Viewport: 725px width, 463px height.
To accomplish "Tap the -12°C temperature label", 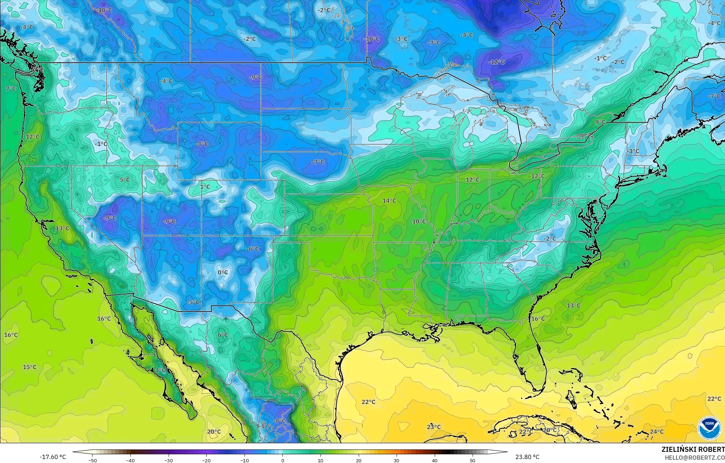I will (496, 62).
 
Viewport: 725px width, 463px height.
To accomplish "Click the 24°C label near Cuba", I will (657, 432).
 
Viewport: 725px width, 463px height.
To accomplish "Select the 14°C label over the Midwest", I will (389, 201).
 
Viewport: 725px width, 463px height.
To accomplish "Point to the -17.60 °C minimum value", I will (53, 457).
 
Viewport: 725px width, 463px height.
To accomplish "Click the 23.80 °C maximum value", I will (527, 457).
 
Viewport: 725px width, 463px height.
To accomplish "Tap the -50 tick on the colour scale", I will (93, 460).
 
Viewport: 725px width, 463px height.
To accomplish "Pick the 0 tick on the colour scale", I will (283, 460).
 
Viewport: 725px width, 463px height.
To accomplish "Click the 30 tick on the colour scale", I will (397, 460).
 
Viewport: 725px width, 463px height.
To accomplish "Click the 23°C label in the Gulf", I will (434, 427).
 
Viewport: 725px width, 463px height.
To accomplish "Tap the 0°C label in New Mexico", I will (223, 272).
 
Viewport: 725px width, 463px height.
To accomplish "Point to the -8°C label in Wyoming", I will (202, 144).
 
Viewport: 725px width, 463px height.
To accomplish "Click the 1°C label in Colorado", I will (205, 187).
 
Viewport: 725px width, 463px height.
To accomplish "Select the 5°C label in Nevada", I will (125, 180).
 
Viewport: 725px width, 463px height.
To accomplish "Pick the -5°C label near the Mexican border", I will (193, 302).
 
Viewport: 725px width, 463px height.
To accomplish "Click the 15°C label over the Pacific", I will (30, 367).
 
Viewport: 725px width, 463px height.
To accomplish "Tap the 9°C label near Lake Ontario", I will (600, 122).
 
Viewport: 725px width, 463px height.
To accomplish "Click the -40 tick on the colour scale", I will (131, 460).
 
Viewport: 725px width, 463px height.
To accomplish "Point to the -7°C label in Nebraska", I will (318, 162).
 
